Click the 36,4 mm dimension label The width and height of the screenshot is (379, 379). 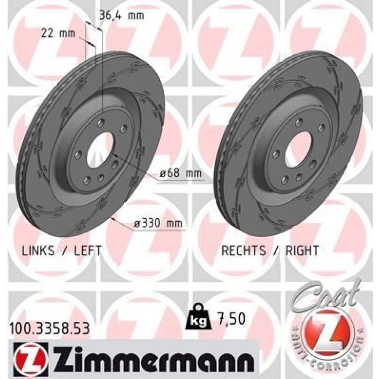coord(122,16)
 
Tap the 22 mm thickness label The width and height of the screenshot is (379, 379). coord(58,34)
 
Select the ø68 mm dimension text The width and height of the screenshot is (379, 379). coord(181,173)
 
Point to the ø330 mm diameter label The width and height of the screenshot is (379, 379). coord(158,223)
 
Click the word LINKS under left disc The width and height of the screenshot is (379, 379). coord(38,251)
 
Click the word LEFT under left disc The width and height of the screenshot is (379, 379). coord(88,251)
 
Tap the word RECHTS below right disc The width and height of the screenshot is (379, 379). coord(243,251)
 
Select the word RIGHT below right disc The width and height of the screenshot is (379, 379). coord(302,251)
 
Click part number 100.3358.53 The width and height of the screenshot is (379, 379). coord(49,328)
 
